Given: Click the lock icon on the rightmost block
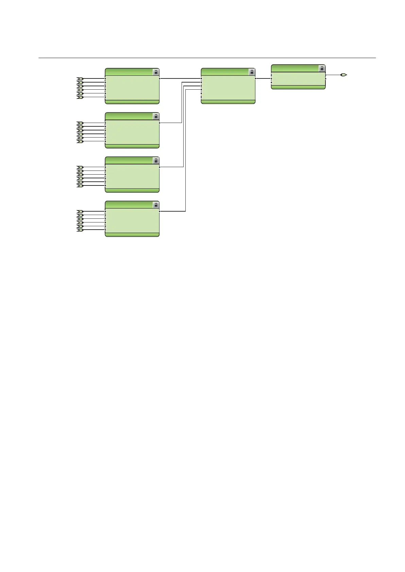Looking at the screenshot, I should pos(322,69).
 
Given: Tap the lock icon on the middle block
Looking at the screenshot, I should pos(252,72).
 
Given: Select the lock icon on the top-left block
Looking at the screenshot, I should pos(156,72).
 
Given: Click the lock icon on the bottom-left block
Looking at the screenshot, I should pos(156,205).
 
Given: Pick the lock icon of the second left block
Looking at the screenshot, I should pos(156,117).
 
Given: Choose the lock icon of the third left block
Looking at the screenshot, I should pos(156,161).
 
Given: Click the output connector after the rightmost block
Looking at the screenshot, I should pos(344,75).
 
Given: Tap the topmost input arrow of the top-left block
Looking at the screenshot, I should pos(80,79).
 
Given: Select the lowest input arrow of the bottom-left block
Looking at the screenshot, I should pos(80,230).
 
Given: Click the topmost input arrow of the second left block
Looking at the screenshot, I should pos(80,123).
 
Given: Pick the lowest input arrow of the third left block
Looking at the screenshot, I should pos(80,186).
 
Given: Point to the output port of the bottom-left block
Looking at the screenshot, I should pos(159,211).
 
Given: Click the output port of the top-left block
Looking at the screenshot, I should pos(159,78).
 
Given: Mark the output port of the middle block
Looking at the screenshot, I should pos(255,78).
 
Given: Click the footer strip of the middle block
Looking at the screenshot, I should pos(228,102).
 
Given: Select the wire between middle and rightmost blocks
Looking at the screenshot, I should pos(263,78).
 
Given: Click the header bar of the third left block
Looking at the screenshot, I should pos(129,161).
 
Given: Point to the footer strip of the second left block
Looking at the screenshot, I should pos(132,146).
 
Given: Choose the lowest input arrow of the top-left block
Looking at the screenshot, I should pos(80,97).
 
